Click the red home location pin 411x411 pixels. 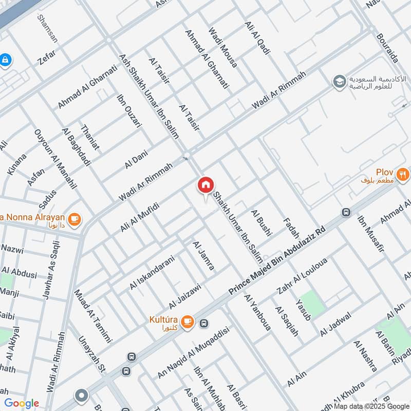tap(206, 185)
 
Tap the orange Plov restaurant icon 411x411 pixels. tap(403, 174)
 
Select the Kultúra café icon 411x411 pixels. tap(187, 321)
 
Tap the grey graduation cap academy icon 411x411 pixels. tap(339, 81)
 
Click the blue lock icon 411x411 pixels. tap(5, 60)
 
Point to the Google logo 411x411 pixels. tap(22, 403)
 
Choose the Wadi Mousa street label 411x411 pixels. tap(222, 47)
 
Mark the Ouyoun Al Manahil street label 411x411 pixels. tap(55, 159)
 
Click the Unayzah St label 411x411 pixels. tap(91, 354)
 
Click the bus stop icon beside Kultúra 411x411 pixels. tap(204, 323)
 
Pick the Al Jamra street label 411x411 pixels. tap(203, 255)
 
